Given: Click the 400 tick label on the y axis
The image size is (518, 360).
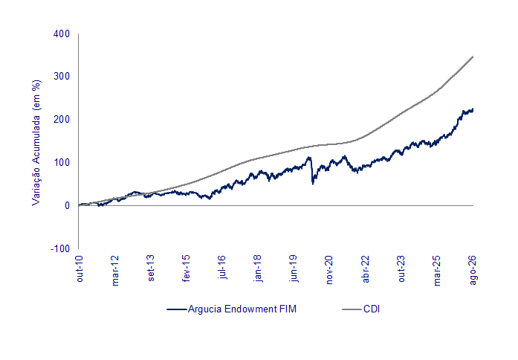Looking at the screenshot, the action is pos(62,33).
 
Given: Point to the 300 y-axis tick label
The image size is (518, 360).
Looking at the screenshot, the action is pos(62,77).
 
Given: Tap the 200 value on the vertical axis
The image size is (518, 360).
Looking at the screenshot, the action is pos(62,119).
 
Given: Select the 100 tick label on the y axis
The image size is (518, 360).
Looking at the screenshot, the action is pos(62,162).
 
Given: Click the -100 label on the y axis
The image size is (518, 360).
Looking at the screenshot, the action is pos(60,248).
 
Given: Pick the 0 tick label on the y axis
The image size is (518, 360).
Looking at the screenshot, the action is pos(68,205).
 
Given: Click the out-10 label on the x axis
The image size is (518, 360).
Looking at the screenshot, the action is pos(80,269).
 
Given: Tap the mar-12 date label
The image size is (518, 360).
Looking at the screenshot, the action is pos(115,271).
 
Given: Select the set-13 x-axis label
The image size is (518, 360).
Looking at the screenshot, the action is pos(151,268).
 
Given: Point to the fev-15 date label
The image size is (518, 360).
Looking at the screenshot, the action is pos(187,269).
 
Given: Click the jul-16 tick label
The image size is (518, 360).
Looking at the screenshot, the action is pos(222,267).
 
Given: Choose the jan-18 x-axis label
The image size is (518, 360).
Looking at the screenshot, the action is pos(258,269).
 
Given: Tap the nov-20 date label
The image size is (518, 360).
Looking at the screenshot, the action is pos(329,270).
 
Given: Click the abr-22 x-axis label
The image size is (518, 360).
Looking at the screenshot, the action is pos(366,269).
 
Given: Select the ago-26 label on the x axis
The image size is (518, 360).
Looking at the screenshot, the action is pos(473,270).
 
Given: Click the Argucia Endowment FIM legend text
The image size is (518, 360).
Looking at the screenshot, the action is pos(242,309).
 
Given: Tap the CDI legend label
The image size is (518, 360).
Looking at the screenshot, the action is pos(372,309).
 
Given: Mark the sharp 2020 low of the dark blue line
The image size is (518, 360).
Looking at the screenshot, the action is pos(313,184).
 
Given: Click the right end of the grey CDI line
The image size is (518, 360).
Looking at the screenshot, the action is pos(473,57).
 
